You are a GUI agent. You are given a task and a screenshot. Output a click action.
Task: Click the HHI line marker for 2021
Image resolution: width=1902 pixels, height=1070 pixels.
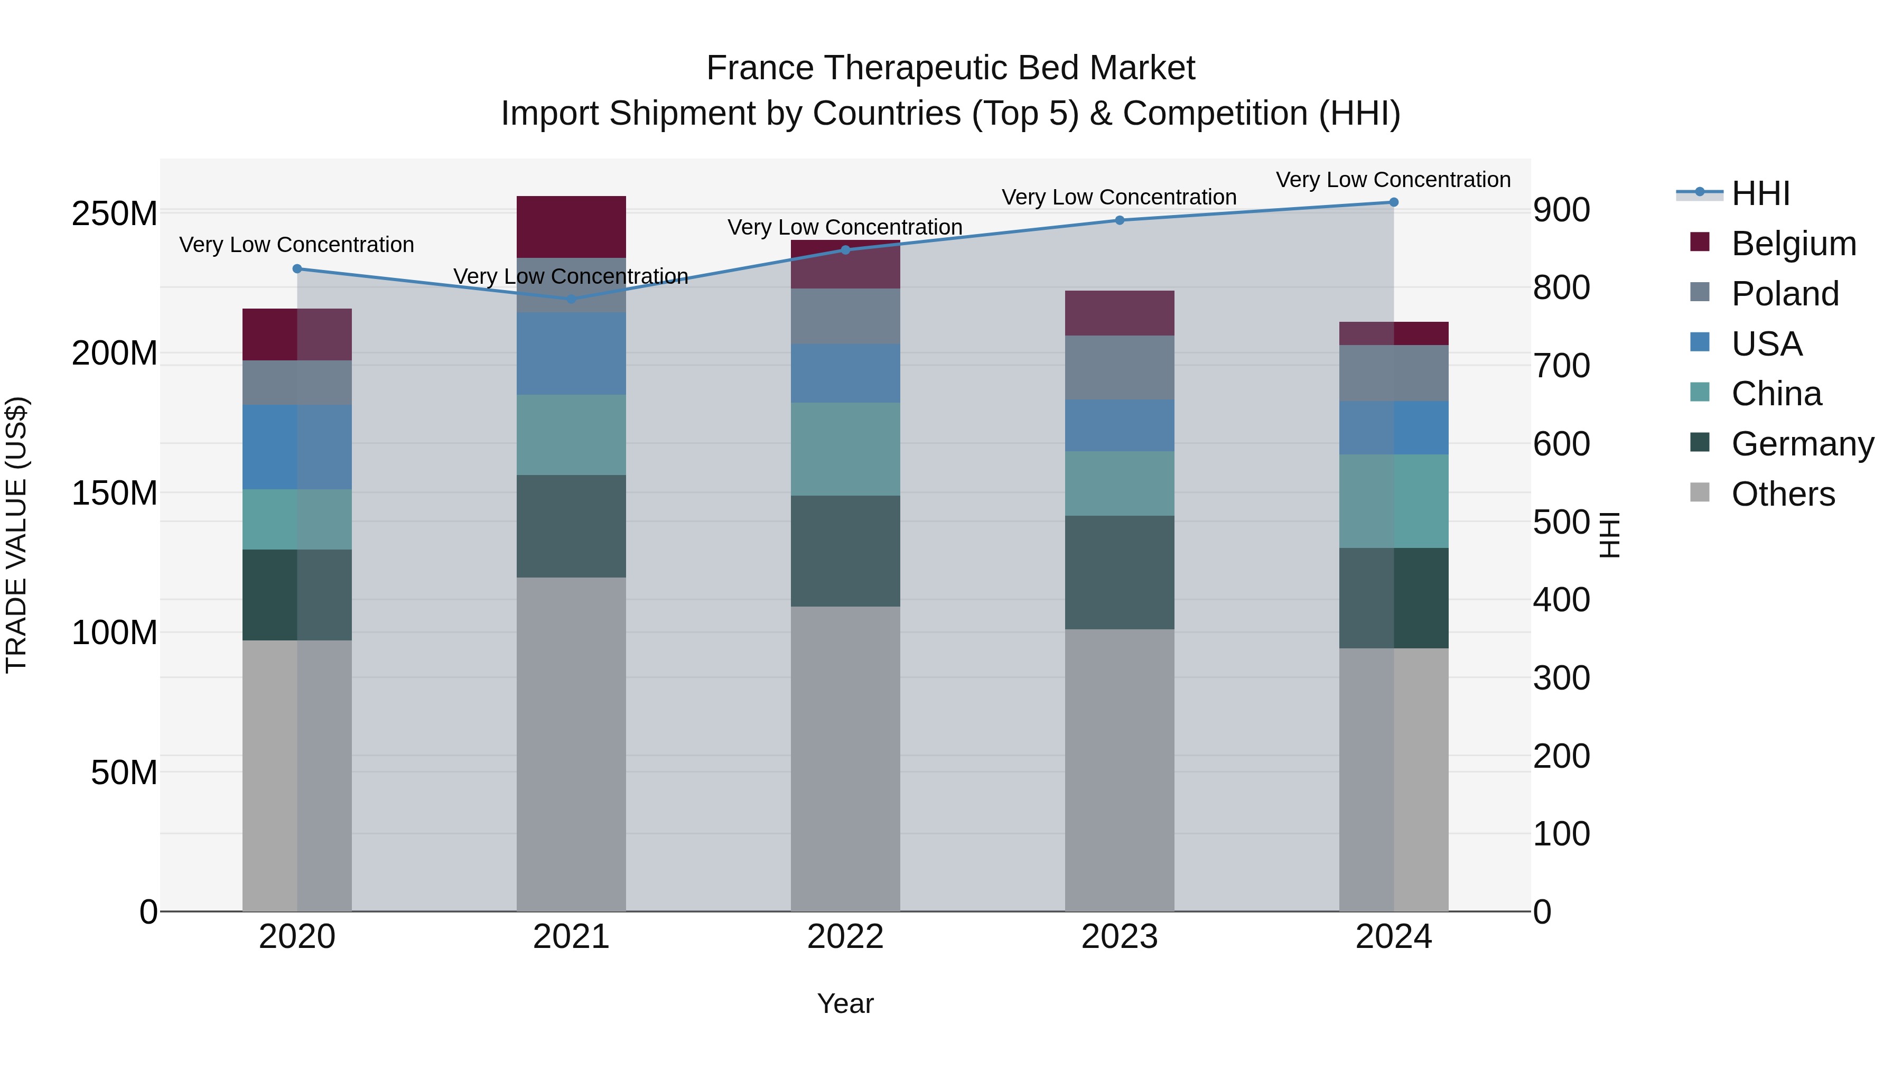pyautogui.click(x=571, y=299)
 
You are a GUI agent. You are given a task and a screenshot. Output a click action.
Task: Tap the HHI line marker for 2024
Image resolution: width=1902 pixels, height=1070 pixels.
pyautogui.click(x=1393, y=202)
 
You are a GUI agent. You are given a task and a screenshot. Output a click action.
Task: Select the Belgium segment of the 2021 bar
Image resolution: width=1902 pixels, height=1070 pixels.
pyautogui.click(x=571, y=227)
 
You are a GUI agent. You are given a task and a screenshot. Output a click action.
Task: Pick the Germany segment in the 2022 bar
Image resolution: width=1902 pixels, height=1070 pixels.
pyautogui.click(x=845, y=551)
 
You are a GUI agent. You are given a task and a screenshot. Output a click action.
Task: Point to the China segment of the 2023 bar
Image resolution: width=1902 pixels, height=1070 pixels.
pyautogui.click(x=1120, y=483)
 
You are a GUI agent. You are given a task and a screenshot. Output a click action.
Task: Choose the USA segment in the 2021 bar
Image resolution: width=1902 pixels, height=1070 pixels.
pyautogui.click(x=571, y=353)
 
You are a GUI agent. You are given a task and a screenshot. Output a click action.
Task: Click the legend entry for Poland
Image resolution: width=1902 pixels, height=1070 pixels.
pyautogui.click(x=1785, y=294)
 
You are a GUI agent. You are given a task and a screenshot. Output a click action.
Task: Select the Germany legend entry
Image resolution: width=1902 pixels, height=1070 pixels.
pyautogui.click(x=1802, y=444)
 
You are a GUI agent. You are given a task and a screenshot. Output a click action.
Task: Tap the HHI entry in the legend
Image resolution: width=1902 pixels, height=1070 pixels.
pyautogui.click(x=1760, y=193)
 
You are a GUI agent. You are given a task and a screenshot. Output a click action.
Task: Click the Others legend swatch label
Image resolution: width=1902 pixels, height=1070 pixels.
pyautogui.click(x=1783, y=494)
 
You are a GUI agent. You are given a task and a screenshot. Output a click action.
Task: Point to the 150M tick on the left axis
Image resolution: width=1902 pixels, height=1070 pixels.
pyautogui.click(x=115, y=492)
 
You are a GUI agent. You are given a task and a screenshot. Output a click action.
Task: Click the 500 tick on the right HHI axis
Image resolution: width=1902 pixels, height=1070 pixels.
pyautogui.click(x=1561, y=522)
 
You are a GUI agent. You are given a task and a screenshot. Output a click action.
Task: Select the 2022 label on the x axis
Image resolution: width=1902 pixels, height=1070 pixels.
pyautogui.click(x=845, y=937)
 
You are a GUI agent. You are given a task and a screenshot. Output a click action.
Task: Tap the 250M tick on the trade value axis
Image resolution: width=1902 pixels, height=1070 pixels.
pyautogui.click(x=115, y=213)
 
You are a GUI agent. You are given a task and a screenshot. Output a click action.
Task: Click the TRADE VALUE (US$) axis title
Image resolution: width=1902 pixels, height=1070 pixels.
pyautogui.click(x=16, y=535)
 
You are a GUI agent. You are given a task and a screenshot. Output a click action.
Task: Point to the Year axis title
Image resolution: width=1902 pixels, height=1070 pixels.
pyautogui.click(x=845, y=1003)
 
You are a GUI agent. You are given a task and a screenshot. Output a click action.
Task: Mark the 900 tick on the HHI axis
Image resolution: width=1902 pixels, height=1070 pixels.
pyautogui.click(x=1561, y=210)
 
